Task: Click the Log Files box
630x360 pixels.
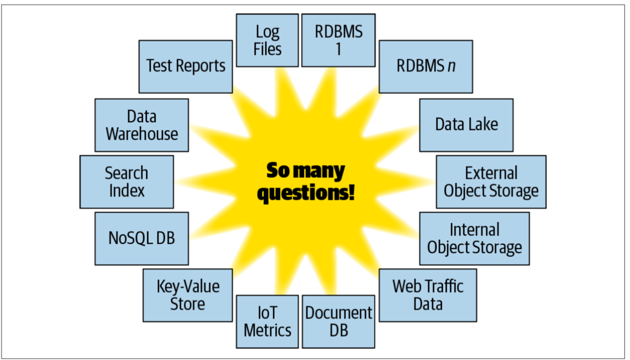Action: pos(267,40)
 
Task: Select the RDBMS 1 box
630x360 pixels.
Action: pos(338,40)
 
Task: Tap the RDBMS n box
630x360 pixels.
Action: pos(425,67)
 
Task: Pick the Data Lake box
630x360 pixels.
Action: pos(466,125)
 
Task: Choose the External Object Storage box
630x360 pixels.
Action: pos(491,182)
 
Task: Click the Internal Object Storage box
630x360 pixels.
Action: pos(474,238)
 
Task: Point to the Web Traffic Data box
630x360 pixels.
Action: pos(428,295)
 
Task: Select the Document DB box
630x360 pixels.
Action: pos(338,322)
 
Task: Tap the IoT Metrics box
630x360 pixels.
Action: pos(267,322)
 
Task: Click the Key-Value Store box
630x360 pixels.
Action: pos(188,295)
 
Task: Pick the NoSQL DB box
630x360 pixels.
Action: pos(141,238)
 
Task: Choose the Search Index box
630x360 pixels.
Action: pos(126,182)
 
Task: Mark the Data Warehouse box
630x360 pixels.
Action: pos(141,125)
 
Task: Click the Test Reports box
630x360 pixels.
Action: pos(186,67)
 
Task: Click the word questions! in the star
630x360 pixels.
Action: pos(306,194)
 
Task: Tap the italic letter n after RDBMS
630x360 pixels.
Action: pos(452,67)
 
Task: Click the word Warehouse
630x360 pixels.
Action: pos(141,134)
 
